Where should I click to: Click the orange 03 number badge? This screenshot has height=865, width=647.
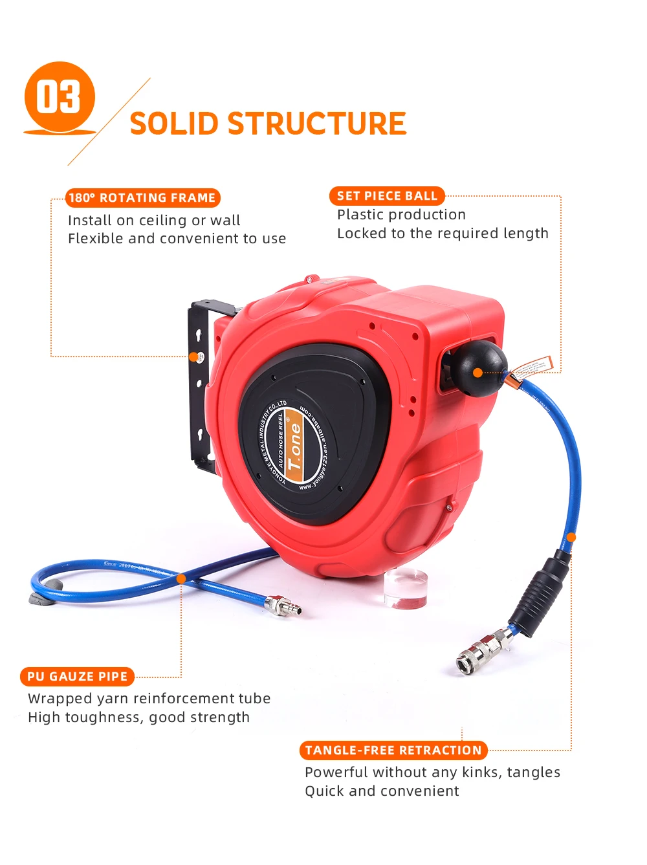click(x=60, y=97)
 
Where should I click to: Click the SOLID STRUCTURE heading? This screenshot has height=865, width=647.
click(x=268, y=124)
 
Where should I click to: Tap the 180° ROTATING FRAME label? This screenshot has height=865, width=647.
click(x=142, y=198)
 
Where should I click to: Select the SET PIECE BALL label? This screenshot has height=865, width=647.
click(x=387, y=196)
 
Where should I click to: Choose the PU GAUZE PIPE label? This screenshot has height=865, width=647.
click(x=78, y=677)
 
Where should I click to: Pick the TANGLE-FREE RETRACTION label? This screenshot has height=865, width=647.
click(x=393, y=750)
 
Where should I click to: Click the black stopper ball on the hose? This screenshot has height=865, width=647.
click(x=479, y=367)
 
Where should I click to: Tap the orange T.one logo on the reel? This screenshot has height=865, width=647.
click(x=294, y=445)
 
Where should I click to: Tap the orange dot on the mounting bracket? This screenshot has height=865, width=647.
click(x=193, y=357)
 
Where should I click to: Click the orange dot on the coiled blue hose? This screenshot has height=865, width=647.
click(x=181, y=578)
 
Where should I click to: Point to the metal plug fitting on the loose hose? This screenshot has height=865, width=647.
click(x=282, y=606)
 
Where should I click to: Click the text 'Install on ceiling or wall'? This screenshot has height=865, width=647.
click(x=154, y=221)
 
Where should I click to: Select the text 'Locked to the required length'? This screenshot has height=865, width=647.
click(x=443, y=234)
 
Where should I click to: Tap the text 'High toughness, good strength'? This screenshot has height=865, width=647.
click(x=138, y=717)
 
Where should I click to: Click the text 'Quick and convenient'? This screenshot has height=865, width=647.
click(x=382, y=791)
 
